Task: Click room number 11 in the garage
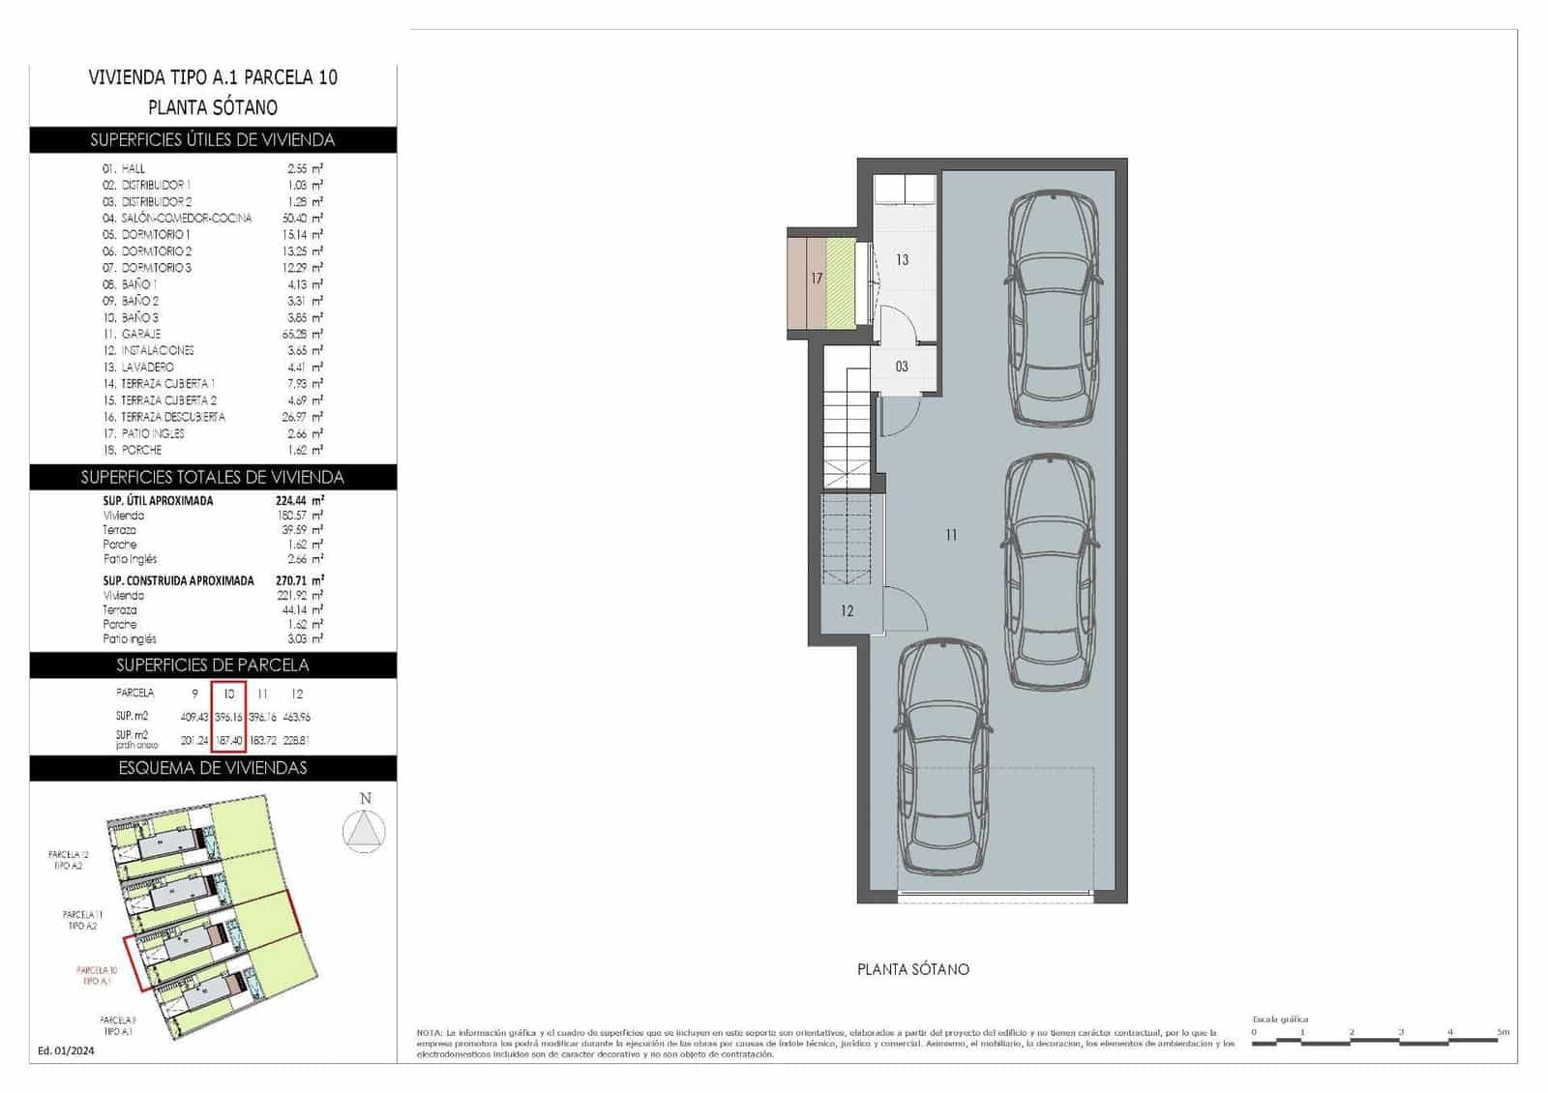pyautogui.click(x=951, y=535)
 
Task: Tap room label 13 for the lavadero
pyautogui.click(x=902, y=260)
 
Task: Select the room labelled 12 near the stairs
pyautogui.click(x=848, y=611)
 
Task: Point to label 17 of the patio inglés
pyautogui.click(x=817, y=279)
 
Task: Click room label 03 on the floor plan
pyautogui.click(x=902, y=368)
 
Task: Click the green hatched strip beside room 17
pyautogui.click(x=841, y=282)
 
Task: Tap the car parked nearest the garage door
pyautogui.click(x=943, y=756)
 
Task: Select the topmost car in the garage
pyautogui.click(x=1054, y=308)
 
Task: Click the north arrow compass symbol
pyautogui.click(x=365, y=831)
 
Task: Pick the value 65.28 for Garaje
pyautogui.click(x=294, y=334)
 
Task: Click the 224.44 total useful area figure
pyautogui.click(x=299, y=501)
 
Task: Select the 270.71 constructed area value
pyautogui.click(x=299, y=580)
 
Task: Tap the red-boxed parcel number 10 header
pyautogui.click(x=229, y=694)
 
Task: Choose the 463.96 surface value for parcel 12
pyautogui.click(x=297, y=718)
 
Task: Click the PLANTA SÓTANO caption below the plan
pyautogui.click(x=912, y=969)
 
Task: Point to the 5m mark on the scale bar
pyautogui.click(x=1503, y=1033)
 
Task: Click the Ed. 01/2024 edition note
pyautogui.click(x=66, y=1050)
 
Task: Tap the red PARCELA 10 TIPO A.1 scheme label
pyautogui.click(x=97, y=975)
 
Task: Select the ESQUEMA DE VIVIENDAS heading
pyautogui.click(x=213, y=768)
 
